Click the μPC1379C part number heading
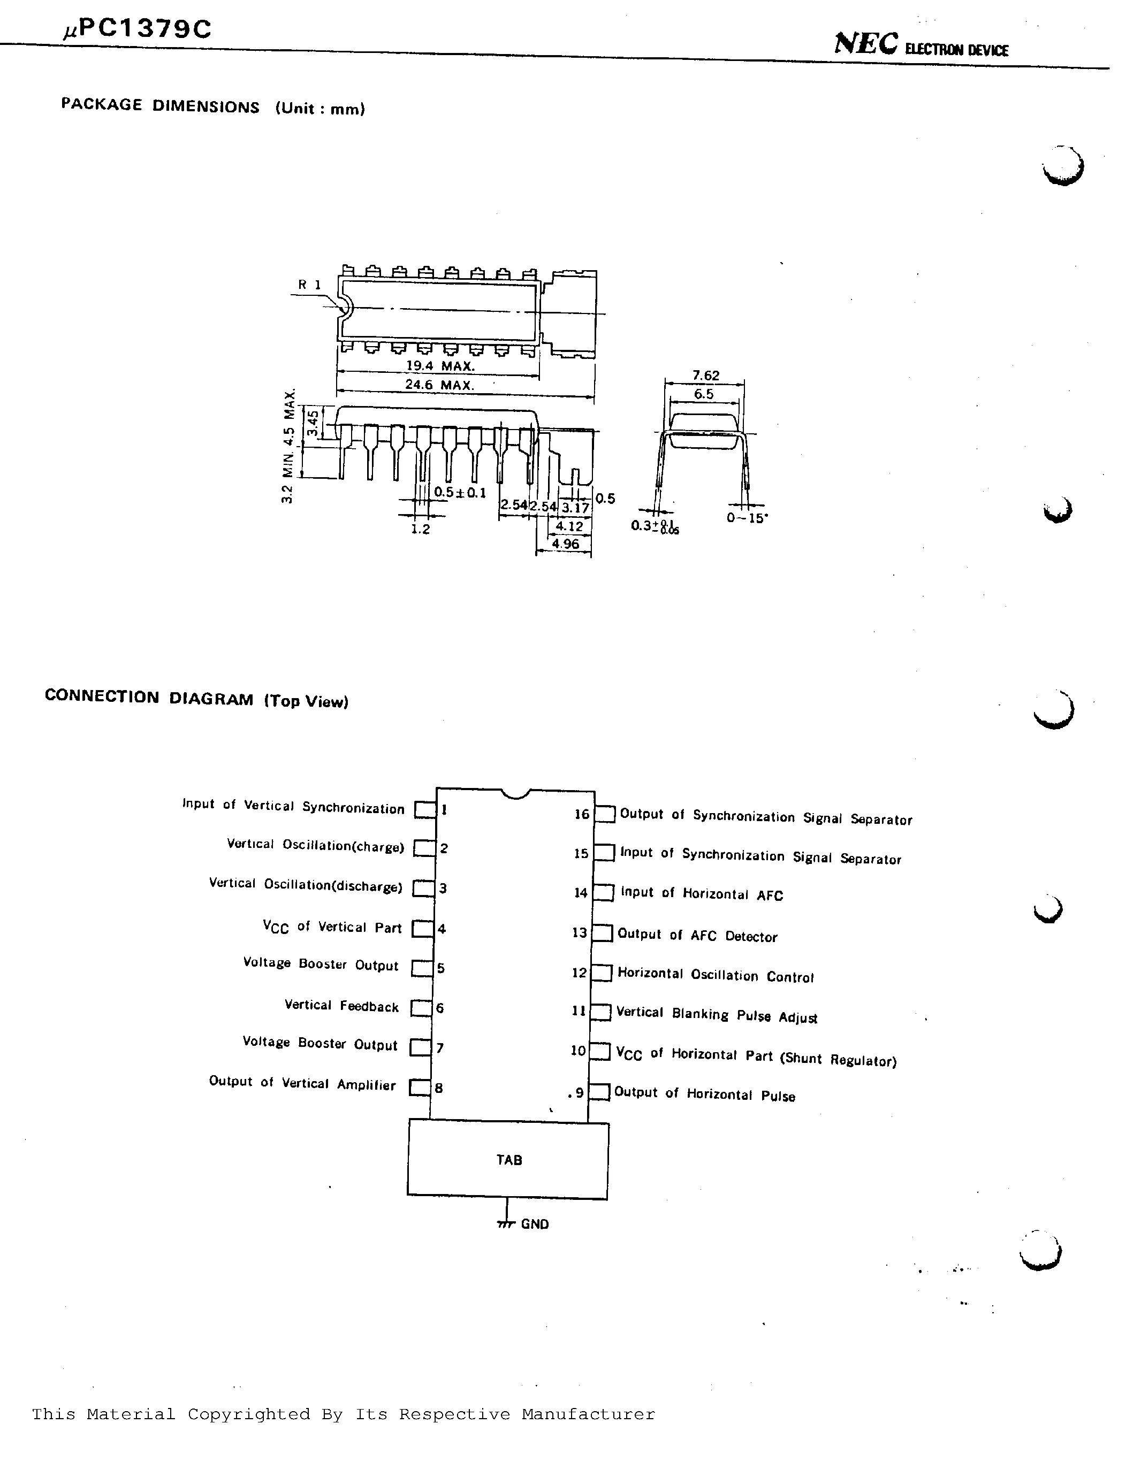[x=137, y=29]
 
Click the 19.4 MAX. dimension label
[x=440, y=366]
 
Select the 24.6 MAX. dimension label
[x=439, y=385]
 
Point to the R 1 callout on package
[x=309, y=285]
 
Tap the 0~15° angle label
[x=747, y=518]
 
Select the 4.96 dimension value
[x=566, y=544]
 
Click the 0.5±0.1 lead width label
[x=459, y=493]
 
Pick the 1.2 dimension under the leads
[x=420, y=529]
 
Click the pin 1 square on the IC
[x=424, y=810]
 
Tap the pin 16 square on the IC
[x=605, y=814]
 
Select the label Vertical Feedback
[x=341, y=1006]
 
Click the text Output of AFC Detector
[x=697, y=935]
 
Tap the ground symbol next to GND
[x=506, y=1222]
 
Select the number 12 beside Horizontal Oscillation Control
[x=579, y=973]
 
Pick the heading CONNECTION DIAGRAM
[x=149, y=698]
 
